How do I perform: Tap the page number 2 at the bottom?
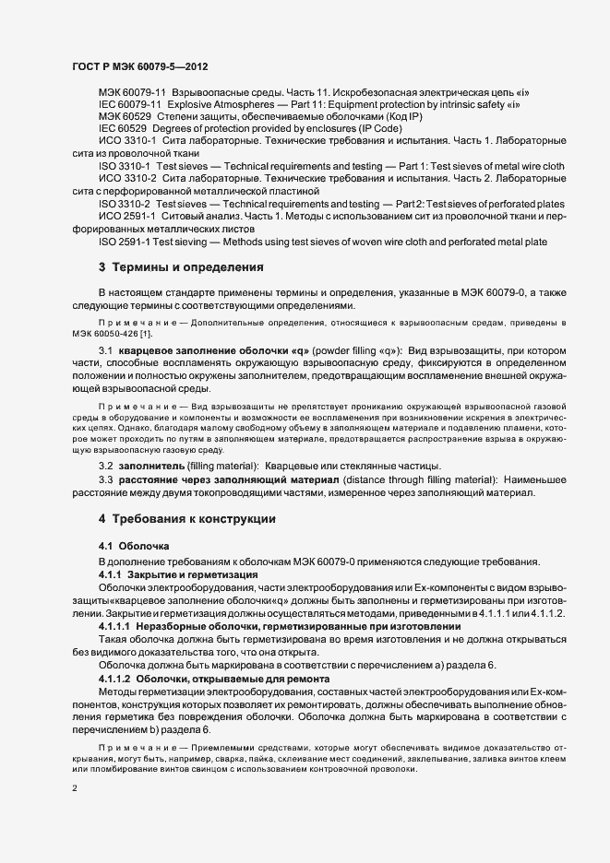pos(74,789)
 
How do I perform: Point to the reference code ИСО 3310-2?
pos(126,177)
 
